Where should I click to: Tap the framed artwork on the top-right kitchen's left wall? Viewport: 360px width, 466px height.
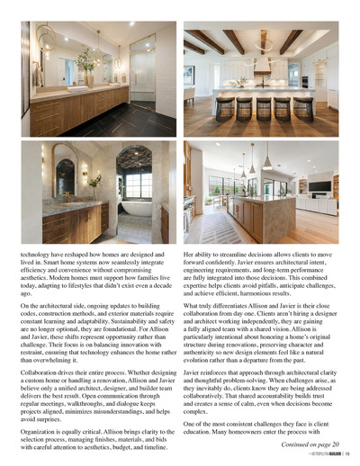tap(189, 74)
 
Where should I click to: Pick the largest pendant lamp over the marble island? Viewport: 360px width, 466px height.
tap(265, 162)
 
